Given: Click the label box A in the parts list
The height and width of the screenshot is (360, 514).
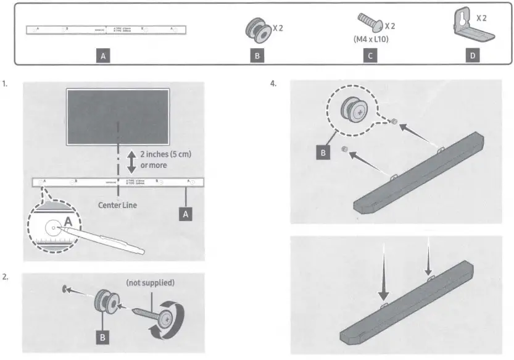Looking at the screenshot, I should pyautogui.click(x=104, y=56).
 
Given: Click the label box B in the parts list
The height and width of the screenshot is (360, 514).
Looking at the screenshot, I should pyautogui.click(x=258, y=56).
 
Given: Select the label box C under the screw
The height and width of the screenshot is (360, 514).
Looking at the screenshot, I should pyautogui.click(x=370, y=56).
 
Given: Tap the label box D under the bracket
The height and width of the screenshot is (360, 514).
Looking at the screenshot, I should pyautogui.click(x=473, y=56).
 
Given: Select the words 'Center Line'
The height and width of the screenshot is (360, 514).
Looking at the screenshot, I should pyautogui.click(x=118, y=204).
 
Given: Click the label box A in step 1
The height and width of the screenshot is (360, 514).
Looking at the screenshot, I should pyautogui.click(x=186, y=213).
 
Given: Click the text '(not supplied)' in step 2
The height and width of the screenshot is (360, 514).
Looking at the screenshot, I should pyautogui.click(x=150, y=282).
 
